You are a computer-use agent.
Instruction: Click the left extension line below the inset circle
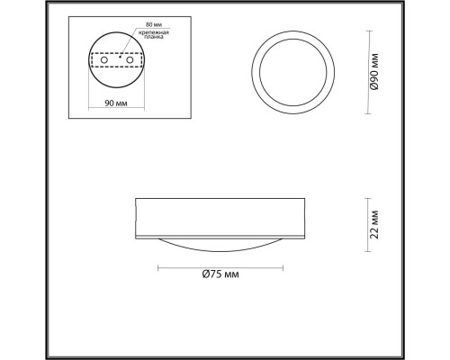pyautogui.click(x=88, y=90)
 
